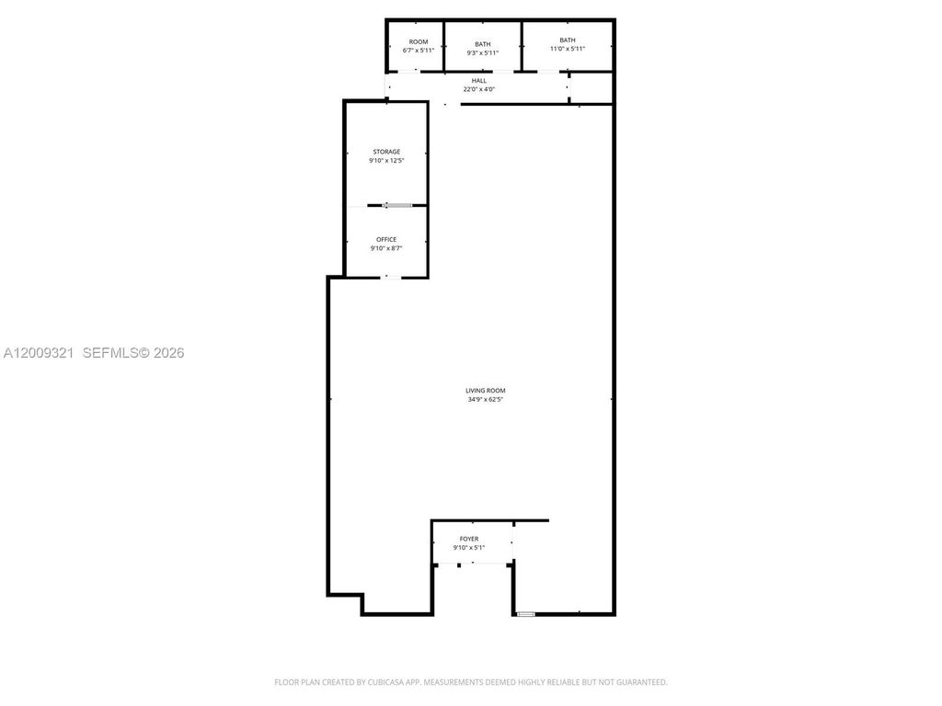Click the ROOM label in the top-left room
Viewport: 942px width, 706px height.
419,42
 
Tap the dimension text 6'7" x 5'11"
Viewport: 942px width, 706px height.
419,51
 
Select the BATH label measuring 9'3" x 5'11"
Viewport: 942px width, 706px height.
483,44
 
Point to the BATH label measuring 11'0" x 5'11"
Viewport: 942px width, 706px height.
568,40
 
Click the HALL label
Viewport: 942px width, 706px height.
478,81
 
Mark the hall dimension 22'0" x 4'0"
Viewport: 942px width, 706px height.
478,89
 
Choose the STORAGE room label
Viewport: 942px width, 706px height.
386,152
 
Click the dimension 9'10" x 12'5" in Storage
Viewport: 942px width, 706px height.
386,161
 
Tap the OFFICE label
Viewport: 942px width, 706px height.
386,239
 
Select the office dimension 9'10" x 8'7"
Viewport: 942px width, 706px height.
386,248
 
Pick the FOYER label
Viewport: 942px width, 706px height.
469,539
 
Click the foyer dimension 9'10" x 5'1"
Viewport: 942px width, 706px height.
469,548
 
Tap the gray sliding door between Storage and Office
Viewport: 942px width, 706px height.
397,205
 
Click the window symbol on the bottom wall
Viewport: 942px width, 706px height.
525,613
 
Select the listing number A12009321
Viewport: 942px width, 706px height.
40,352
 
